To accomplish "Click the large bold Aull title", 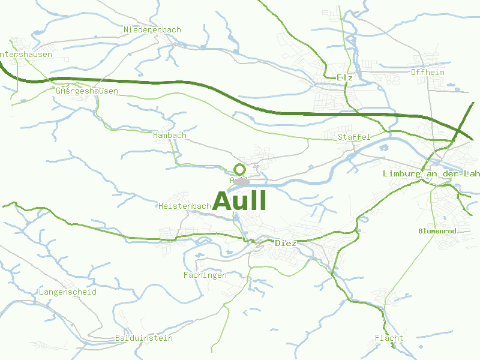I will coord(239,200).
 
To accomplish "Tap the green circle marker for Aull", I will coord(239,169).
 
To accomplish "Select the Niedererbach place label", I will coord(152,29).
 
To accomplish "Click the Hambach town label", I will coord(170,136).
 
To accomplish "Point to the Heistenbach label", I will coord(185,206).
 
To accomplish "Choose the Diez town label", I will coord(285,244).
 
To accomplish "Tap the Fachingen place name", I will coord(205,275).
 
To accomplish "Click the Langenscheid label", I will coord(68,292).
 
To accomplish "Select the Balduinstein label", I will coord(144,338).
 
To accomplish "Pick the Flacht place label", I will coord(389,338).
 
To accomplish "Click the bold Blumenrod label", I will coord(437,231).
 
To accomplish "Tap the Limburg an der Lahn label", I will coord(431,174).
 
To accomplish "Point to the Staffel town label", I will coord(354,137).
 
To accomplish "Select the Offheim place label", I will coord(428,73).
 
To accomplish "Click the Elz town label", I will coord(344,78).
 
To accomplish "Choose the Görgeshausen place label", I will coord(86,92).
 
